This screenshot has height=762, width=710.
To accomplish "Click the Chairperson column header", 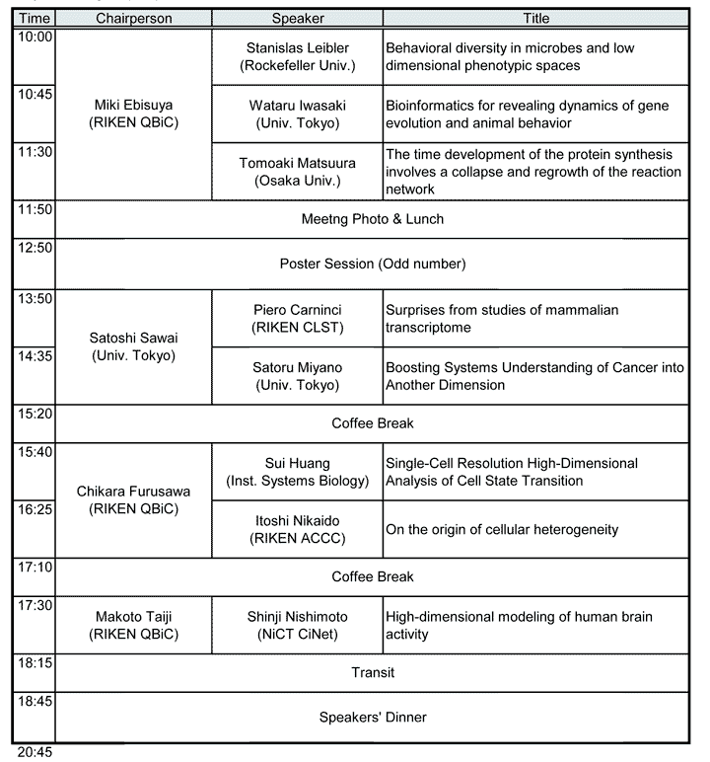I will pyautogui.click(x=133, y=19).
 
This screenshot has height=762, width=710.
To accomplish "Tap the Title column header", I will pyautogui.click(x=534, y=19).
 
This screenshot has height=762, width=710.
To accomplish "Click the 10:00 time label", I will pyautogui.click(x=34, y=38).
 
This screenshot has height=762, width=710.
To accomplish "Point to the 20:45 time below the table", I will pyautogui.click(x=35, y=752).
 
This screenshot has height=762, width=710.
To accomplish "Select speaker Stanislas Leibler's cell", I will pyautogui.click(x=296, y=56).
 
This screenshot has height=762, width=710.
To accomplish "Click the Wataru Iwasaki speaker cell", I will pyautogui.click(x=296, y=114).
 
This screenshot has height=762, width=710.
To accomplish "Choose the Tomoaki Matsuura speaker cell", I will pyautogui.click(x=296, y=171).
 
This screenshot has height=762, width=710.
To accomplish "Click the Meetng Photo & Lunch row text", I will pyautogui.click(x=372, y=219).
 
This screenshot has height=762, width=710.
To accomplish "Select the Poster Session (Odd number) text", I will pyautogui.click(x=372, y=264).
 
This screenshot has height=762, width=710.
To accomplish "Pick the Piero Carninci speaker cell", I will pyautogui.click(x=296, y=318).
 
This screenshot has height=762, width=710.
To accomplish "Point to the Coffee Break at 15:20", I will pyautogui.click(x=372, y=423).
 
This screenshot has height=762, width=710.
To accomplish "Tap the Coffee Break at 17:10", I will pyautogui.click(x=372, y=576).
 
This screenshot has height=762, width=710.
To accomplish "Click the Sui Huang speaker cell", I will pyautogui.click(x=296, y=471).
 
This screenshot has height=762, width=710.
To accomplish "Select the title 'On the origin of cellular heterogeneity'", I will pyautogui.click(x=502, y=529).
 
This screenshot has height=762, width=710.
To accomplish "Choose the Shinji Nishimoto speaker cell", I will pyautogui.click(x=296, y=625).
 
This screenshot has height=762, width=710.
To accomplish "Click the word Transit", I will pyautogui.click(x=372, y=673).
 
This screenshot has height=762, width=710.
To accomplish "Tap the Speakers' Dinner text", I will pyautogui.click(x=372, y=718).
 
